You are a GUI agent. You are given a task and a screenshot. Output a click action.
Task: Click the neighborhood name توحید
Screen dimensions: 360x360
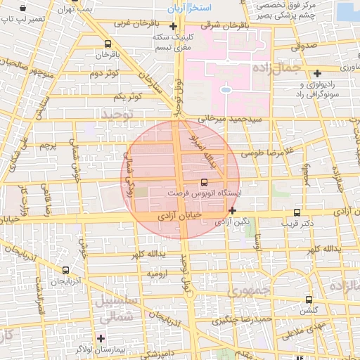click(x=116, y=112)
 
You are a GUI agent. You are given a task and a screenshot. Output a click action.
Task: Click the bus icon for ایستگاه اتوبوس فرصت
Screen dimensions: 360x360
click(x=204, y=181)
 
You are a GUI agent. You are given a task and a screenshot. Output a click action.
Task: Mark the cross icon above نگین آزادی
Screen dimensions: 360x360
click(x=232, y=210)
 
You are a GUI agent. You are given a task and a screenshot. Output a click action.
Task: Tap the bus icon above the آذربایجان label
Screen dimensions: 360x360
click(x=65, y=270)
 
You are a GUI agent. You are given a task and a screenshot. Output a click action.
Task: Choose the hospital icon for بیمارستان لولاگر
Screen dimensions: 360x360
click(x=101, y=338)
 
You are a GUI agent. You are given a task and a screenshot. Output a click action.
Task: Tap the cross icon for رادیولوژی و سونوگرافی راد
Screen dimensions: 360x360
click(x=318, y=72)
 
